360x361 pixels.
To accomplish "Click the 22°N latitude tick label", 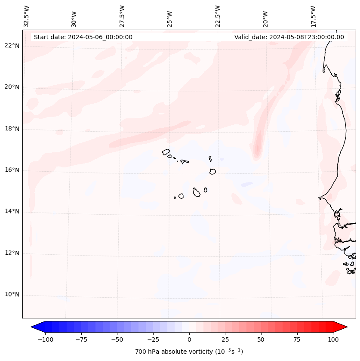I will tap(12, 46).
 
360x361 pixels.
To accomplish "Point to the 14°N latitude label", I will tap(12, 211).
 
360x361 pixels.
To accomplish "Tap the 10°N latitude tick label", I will tap(12, 295).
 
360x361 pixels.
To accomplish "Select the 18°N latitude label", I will tap(12, 129).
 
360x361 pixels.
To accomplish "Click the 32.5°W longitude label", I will tap(27, 16).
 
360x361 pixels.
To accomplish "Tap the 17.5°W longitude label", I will tap(314, 16).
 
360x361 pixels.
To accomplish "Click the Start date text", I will tap(83, 37).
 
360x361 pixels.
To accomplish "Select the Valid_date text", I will tap(289, 37).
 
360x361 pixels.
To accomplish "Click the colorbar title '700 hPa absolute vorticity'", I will tap(189, 352).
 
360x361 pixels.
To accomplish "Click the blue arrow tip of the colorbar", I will tap(33, 327).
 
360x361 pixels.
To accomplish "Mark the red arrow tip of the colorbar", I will tap(345, 327).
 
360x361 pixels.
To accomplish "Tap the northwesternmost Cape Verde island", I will tap(166, 152).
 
